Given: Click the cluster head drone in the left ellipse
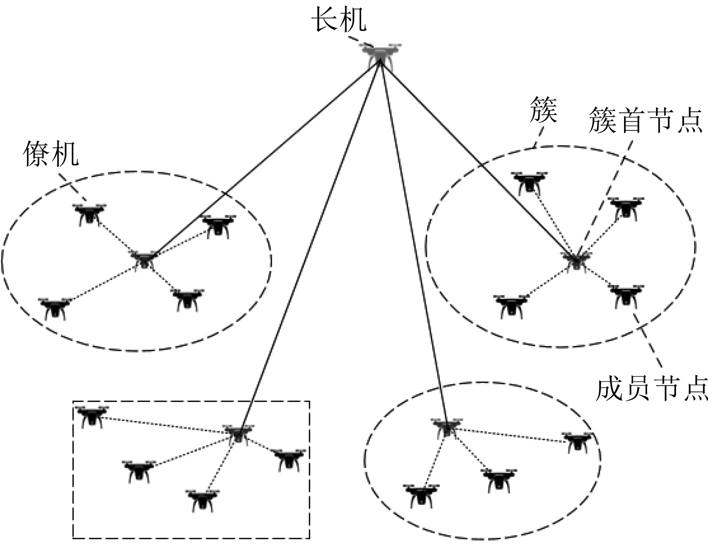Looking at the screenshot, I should pos(144,259).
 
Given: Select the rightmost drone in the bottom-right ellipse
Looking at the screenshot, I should pos(579,442).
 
